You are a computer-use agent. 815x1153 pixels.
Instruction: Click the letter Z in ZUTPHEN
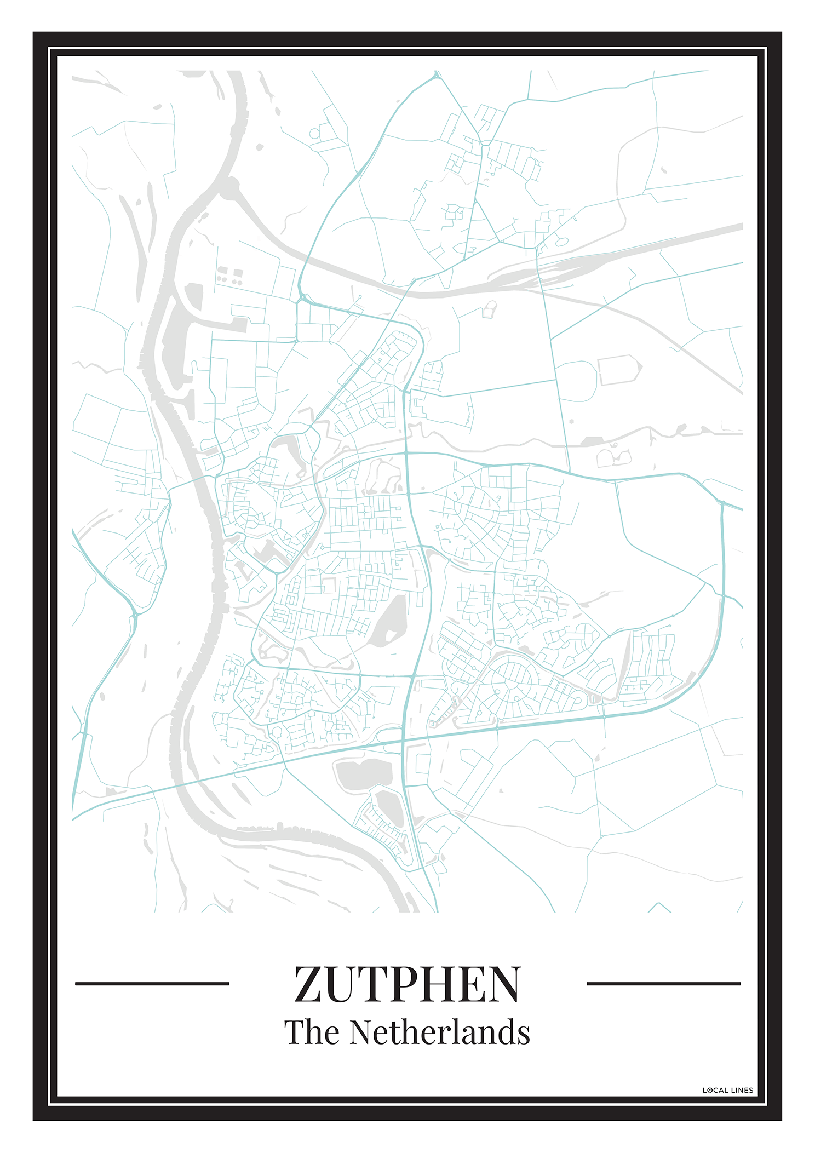coord(311,984)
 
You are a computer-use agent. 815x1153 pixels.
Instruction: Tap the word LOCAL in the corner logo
coord(715,1090)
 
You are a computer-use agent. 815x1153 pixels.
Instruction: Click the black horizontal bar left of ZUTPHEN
coord(152,983)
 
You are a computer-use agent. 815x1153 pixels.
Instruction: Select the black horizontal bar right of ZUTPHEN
coord(663,983)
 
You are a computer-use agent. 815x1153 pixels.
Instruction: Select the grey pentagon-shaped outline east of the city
coord(619,370)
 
